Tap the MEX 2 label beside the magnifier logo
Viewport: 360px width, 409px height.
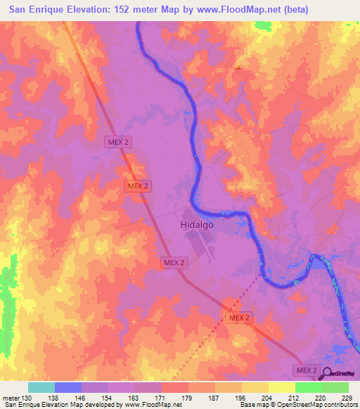click(x=307, y=370)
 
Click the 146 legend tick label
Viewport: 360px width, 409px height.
click(x=82, y=398)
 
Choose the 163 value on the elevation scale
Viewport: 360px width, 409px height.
click(x=136, y=398)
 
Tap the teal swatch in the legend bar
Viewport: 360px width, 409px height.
click(x=41, y=387)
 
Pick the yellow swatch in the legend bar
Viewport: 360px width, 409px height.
click(x=281, y=387)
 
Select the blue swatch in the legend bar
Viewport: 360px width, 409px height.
click(x=68, y=387)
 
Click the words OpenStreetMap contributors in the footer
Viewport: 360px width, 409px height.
click(x=323, y=405)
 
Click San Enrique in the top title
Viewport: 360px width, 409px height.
click(x=36, y=9)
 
